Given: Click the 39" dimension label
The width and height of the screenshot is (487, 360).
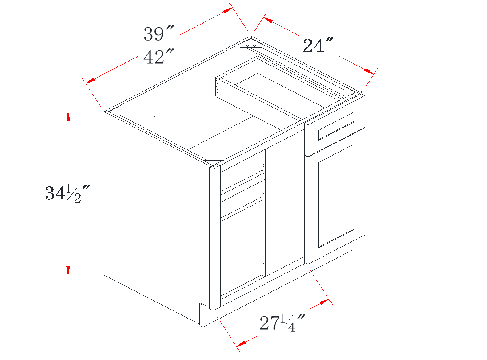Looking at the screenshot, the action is tap(158, 33).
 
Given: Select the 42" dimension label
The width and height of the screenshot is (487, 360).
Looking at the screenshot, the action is tap(158, 57).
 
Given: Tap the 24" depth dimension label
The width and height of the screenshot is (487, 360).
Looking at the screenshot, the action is tap(318, 45).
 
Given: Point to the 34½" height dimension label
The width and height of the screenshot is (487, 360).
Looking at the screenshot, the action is tap(67, 193).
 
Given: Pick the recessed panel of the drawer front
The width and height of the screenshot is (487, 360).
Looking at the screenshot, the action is tap(337, 126).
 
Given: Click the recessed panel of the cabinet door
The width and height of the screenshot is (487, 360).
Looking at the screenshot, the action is tap(337, 196).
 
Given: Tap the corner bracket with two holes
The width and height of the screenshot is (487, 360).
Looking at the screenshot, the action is tap(251, 46).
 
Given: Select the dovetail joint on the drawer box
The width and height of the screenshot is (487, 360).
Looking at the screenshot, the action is tap(217, 87).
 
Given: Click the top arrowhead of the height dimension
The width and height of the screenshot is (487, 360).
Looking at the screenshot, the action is tap(68, 116).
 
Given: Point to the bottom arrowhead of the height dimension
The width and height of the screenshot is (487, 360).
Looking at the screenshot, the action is tap(68, 270).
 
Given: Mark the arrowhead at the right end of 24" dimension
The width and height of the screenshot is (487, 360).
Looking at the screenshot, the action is tap(369, 71).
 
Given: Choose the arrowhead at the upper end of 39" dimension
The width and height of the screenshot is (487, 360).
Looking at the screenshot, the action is tap(228, 10).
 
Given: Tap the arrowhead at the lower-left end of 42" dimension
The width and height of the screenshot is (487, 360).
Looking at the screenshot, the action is tap(90, 80).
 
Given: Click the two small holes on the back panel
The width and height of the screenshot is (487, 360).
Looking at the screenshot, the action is tap(154, 115).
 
